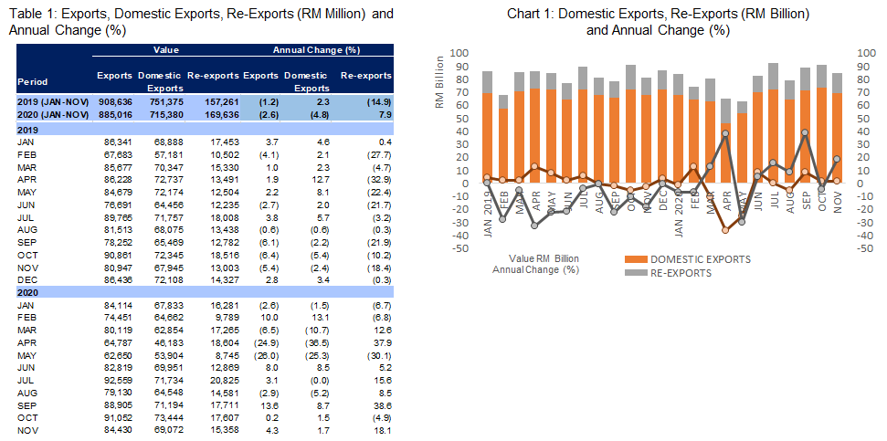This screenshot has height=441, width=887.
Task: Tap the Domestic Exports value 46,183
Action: (161, 341)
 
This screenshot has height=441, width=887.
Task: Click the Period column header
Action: (33, 82)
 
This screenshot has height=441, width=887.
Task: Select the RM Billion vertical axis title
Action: (439, 82)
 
